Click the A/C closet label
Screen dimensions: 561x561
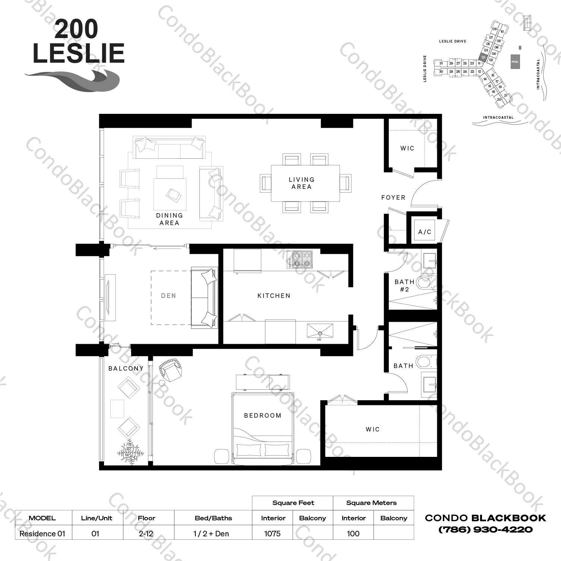[x=425, y=232]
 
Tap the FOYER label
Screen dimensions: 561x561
[x=393, y=197]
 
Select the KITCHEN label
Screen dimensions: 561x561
[x=274, y=296]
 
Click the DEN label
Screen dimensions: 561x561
[x=168, y=296]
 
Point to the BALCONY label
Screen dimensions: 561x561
[x=126, y=368]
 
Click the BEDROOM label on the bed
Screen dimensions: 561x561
[x=262, y=415]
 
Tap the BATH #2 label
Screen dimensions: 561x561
[x=404, y=286]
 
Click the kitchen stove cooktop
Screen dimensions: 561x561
[x=299, y=259]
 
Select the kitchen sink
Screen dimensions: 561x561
[x=320, y=331]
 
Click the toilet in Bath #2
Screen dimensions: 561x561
[x=424, y=283]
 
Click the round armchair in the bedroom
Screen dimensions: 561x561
[x=170, y=370]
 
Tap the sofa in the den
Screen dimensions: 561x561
[x=204, y=297]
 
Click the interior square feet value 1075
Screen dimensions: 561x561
[x=272, y=533]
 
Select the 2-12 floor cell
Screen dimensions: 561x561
[x=146, y=533]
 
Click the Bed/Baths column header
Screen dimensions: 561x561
[x=213, y=518]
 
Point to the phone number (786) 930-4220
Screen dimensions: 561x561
[x=485, y=529]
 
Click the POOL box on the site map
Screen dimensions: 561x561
[x=515, y=62]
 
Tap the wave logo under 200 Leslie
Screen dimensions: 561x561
[x=75, y=79]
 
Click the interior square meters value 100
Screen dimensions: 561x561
[x=353, y=533]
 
